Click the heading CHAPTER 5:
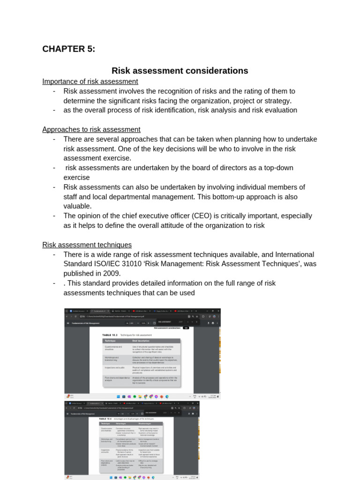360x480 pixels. click(x=68, y=49)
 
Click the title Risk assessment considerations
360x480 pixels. click(x=180, y=71)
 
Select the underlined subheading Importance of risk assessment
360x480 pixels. click(x=90, y=82)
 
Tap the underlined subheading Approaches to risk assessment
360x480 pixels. click(x=91, y=129)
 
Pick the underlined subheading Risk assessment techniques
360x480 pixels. click(x=87, y=245)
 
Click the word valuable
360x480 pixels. click(x=77, y=206)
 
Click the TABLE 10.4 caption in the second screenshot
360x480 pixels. click(x=108, y=418)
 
